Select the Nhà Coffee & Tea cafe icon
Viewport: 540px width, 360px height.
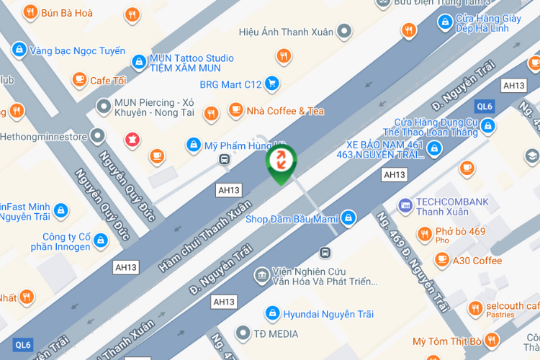[235, 110]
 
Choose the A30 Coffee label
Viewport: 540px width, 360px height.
[477, 260]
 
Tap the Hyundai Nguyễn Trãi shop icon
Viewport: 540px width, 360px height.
[272, 312]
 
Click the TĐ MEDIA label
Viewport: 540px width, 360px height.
[276, 333]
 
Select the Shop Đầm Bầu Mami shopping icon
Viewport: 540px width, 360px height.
[348, 217]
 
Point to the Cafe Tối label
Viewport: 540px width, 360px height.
[108, 81]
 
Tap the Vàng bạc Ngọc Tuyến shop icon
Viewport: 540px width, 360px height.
[19, 50]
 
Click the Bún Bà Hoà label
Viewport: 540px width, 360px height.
[67, 12]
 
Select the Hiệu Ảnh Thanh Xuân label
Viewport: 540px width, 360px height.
[284, 32]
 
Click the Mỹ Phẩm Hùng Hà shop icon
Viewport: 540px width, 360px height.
[193, 145]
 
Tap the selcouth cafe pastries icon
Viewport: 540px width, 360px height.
[475, 308]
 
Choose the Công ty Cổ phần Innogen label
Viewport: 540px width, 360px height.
[60, 241]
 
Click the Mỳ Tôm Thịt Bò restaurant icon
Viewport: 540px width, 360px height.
[492, 340]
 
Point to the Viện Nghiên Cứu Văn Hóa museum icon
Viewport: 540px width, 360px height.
[261, 274]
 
